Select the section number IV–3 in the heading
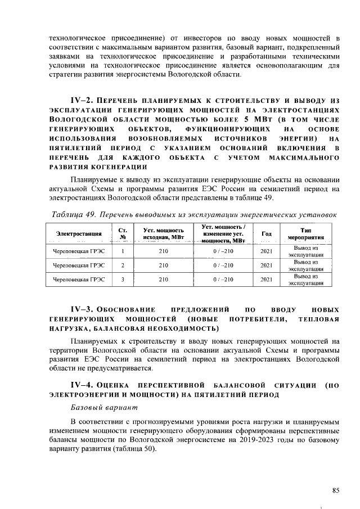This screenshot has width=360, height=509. pyautogui.click(x=83, y=309)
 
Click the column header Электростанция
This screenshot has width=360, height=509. pyautogui.click(x=79, y=233)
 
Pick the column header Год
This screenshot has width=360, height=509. pyautogui.click(x=267, y=233)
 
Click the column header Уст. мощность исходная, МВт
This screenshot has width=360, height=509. pyautogui.click(x=163, y=233)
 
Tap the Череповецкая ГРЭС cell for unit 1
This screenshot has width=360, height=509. pyautogui.click(x=79, y=251)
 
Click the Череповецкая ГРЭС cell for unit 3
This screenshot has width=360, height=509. pyautogui.click(x=79, y=279)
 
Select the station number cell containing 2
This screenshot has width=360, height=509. pyautogui.click(x=123, y=265)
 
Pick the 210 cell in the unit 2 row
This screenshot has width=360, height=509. pyautogui.click(x=163, y=265)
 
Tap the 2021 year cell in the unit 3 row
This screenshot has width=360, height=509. pyautogui.click(x=267, y=279)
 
